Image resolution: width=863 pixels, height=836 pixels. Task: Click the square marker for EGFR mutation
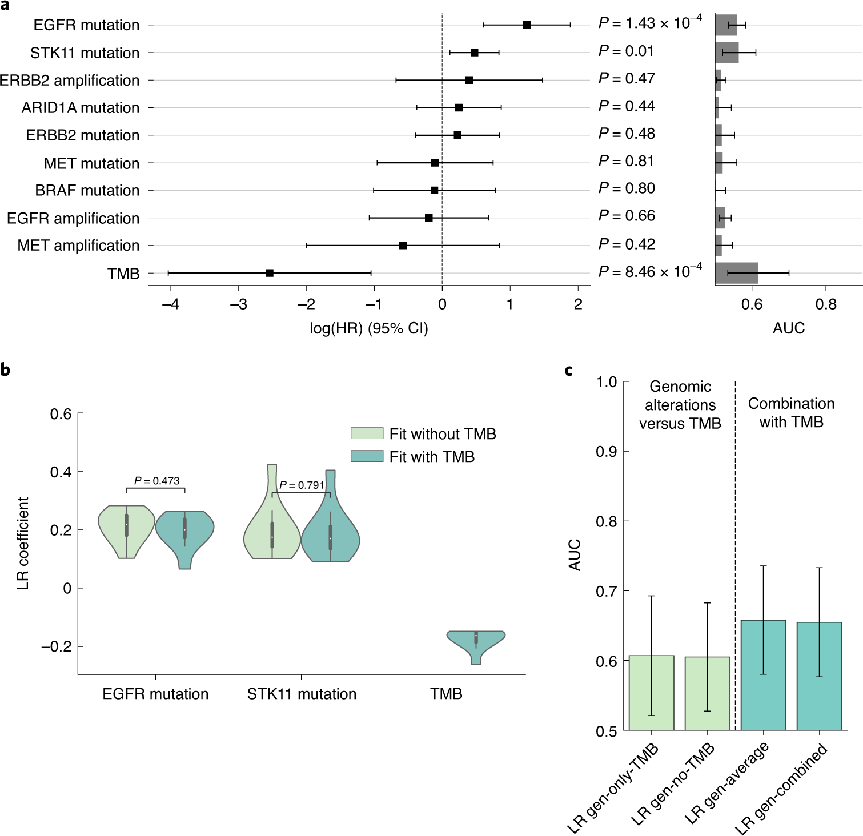pyautogui.click(x=527, y=25)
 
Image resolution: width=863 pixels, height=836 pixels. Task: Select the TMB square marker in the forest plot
pyautogui.click(x=270, y=273)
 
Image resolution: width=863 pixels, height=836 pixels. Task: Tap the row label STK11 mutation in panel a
pyautogui.click(x=85, y=53)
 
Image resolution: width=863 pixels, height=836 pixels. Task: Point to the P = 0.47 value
pyautogui.click(x=627, y=78)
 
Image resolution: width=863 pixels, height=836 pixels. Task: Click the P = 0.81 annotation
pyautogui.click(x=627, y=161)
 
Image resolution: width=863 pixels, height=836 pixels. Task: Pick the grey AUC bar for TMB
pyautogui.click(x=736, y=273)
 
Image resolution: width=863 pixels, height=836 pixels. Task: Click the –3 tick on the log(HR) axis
pyautogui.click(x=239, y=304)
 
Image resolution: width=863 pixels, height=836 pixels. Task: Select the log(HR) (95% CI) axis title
pyautogui.click(x=369, y=328)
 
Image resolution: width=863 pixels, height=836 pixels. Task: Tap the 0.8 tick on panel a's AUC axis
pyautogui.click(x=826, y=304)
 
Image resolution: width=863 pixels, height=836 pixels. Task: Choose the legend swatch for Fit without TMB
pyautogui.click(x=367, y=433)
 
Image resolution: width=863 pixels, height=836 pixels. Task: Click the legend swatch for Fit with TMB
pyautogui.click(x=367, y=456)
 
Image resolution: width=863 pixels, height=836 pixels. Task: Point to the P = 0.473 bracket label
pyautogui.click(x=156, y=481)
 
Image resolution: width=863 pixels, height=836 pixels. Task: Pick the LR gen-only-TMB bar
pyautogui.click(x=651, y=693)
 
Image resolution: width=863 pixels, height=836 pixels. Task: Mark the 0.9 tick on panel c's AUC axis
pyautogui.click(x=607, y=452)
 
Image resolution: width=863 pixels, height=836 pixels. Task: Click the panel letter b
pyautogui.click(x=5, y=370)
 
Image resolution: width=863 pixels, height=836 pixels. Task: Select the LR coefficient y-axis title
pyautogui.click(x=23, y=543)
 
